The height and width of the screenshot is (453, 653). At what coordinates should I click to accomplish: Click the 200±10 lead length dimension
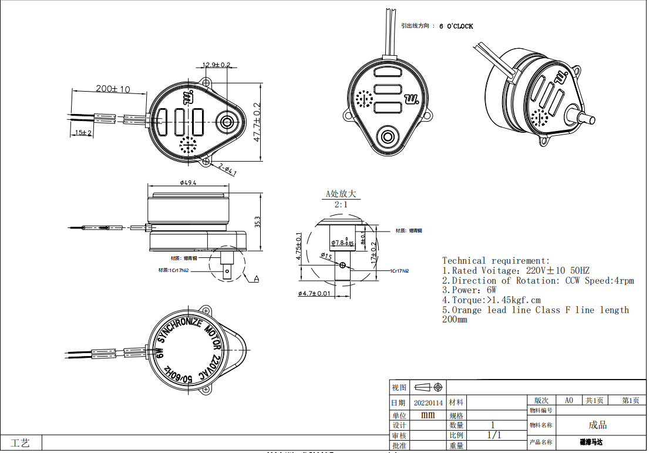113,89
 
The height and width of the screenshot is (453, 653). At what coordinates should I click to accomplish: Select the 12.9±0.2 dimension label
216,65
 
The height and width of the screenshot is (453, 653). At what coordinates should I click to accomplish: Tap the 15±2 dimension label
83,133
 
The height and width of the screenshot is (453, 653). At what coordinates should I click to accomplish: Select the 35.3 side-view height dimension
257,222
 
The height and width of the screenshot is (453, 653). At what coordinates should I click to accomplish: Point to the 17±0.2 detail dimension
373,251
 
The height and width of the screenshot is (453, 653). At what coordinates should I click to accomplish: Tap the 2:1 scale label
341,204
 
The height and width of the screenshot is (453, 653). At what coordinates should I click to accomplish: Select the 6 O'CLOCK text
456,26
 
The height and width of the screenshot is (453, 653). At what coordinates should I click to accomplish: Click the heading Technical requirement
496,260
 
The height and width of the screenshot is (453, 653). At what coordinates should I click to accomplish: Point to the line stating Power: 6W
469,290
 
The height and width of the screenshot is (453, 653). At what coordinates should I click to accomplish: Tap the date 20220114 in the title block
428,402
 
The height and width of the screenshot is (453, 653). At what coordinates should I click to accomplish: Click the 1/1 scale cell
494,435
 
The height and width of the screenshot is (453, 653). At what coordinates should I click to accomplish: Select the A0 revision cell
568,400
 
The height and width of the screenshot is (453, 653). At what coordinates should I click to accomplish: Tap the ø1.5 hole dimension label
326,256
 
